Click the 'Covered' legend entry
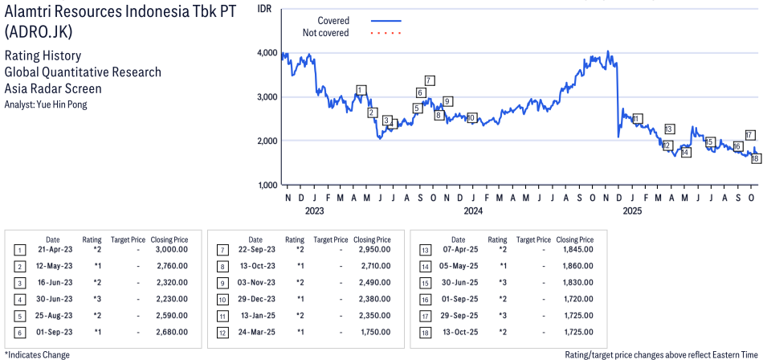coord(333,20)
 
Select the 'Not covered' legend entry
coord(325,33)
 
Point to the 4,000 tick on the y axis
coord(267,53)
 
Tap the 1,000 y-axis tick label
coord(267,186)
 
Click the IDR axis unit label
coord(265,7)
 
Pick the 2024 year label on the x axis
coord(473,211)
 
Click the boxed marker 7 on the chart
coord(430,80)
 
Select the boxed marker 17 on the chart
coord(749,135)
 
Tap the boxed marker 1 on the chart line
coord(361,90)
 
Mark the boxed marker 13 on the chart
coord(669,129)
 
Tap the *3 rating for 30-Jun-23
coord(96,298)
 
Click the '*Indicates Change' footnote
coord(37,354)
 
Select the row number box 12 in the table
coord(222,331)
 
